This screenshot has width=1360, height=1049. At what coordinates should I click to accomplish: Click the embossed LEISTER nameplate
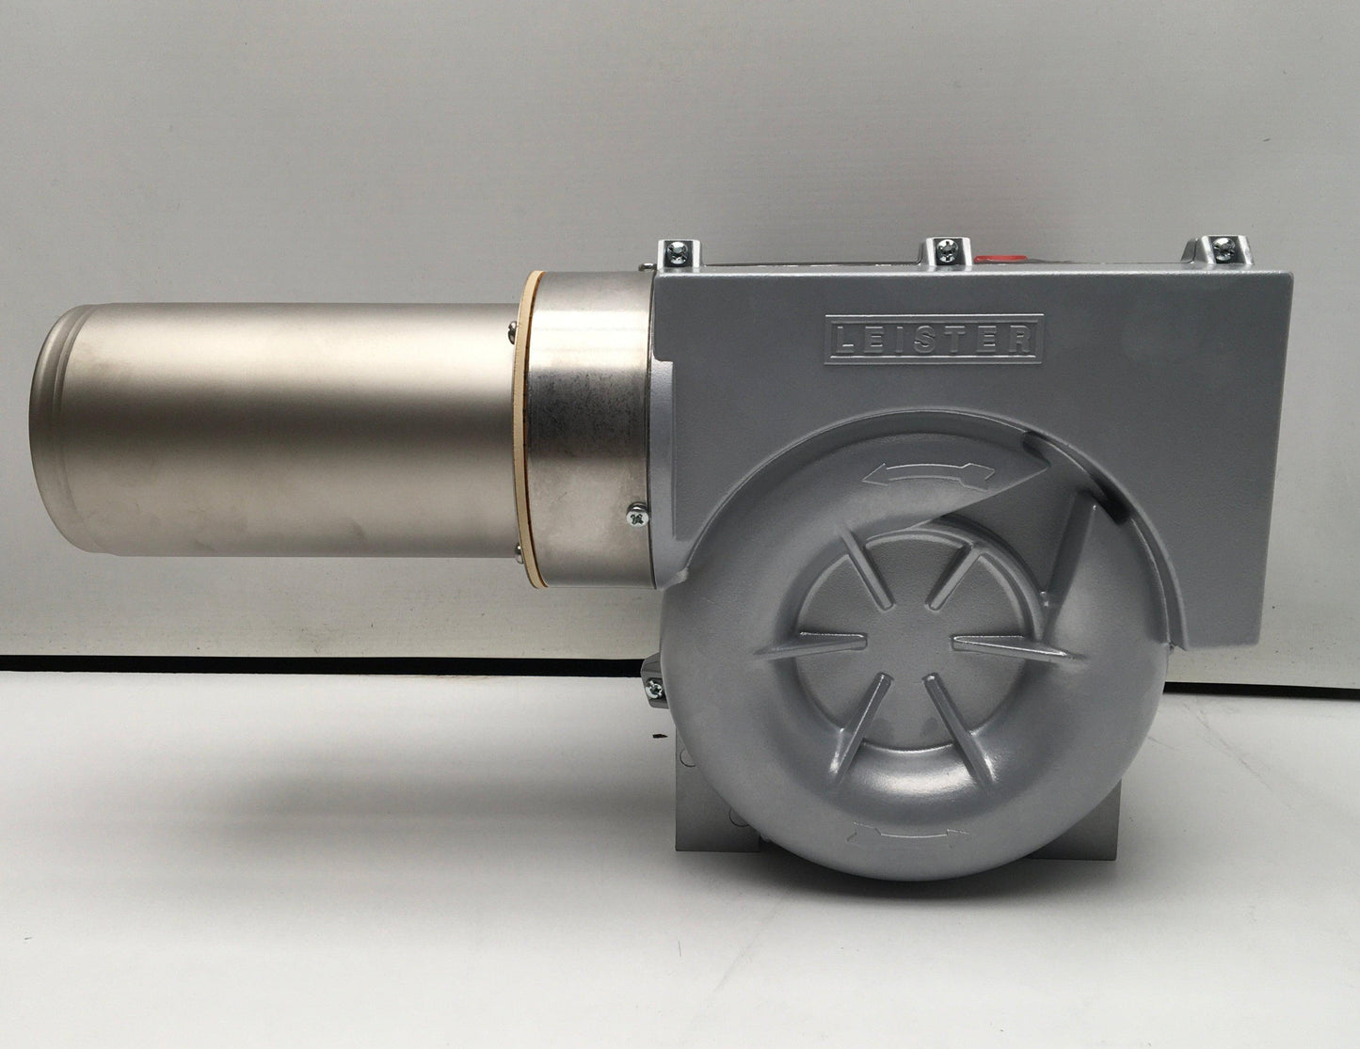point(933,339)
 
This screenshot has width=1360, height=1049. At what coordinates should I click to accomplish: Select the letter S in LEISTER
point(931,340)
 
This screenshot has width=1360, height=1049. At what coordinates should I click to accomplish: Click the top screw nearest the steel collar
point(677,251)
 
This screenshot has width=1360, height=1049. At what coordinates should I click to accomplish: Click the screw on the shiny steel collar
point(636,516)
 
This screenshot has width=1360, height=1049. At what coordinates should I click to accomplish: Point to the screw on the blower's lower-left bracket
point(654,688)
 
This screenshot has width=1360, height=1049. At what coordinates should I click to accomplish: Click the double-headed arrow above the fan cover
point(928,475)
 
